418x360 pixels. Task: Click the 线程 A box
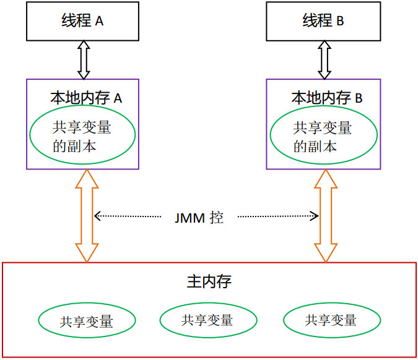(82, 20)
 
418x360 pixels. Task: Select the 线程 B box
(323, 20)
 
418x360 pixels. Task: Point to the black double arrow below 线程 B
(324, 59)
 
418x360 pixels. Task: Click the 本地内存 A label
(85, 98)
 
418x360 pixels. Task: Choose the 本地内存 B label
(326, 98)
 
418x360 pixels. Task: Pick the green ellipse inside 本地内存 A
(82, 136)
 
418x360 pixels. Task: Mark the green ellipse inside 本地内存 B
(323, 136)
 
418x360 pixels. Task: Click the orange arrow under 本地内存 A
(85, 215)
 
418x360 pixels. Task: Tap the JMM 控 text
(199, 217)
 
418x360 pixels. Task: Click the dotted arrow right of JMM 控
(277, 216)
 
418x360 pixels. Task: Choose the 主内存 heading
(209, 282)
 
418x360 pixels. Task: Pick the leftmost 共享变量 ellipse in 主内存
(87, 321)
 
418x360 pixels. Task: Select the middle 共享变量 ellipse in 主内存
(207, 320)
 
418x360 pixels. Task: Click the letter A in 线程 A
(99, 21)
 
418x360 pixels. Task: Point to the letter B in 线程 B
(340, 21)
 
